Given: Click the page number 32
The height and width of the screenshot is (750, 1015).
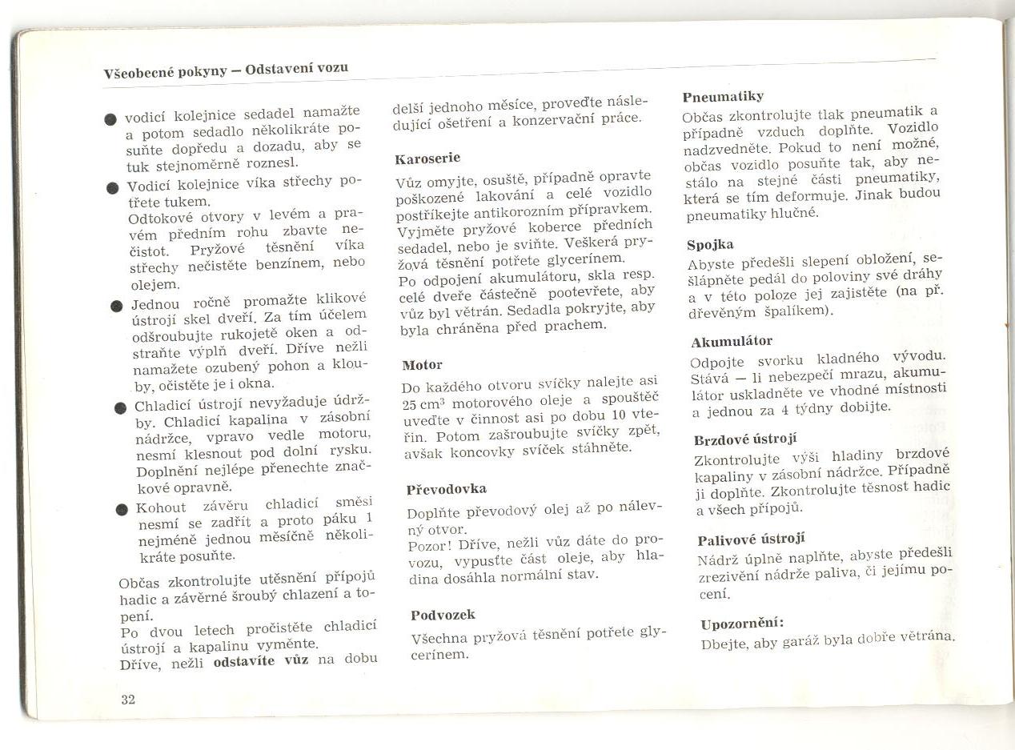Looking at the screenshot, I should coord(128,700).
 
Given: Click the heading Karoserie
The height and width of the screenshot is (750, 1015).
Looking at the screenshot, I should coord(427,158).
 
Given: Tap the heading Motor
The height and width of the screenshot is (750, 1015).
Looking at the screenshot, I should coord(422,365).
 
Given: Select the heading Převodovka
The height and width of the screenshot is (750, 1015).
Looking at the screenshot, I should coord(446,489).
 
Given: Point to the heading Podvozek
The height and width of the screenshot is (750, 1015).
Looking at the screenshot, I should coord(443,615).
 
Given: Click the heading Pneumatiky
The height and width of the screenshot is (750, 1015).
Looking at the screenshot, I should coord(723,97).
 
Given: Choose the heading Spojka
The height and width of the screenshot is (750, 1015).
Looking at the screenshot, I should coord(710,244).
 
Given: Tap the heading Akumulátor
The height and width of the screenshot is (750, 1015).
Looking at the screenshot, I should coord(732,342).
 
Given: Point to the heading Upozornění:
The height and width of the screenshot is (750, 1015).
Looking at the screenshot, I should coord(741,624).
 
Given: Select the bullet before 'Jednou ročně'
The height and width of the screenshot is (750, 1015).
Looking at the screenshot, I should coord(117,306).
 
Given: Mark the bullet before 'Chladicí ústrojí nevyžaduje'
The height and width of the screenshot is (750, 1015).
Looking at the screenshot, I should coord(120,407).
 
